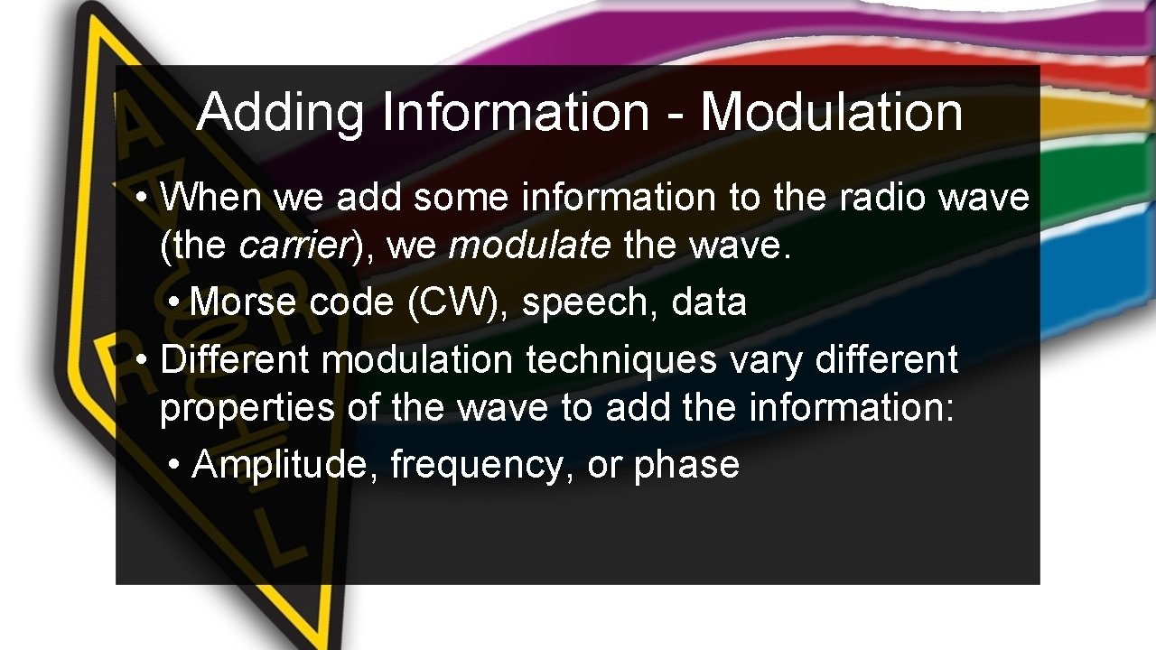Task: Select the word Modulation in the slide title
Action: pos(831,112)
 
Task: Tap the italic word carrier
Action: pos(293,246)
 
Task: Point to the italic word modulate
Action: pos(528,246)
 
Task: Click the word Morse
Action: pos(245,302)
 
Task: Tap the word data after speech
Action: pos(709,302)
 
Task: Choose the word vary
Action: pos(767,359)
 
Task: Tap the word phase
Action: pos(686,464)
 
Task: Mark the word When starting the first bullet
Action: pos(212,197)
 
